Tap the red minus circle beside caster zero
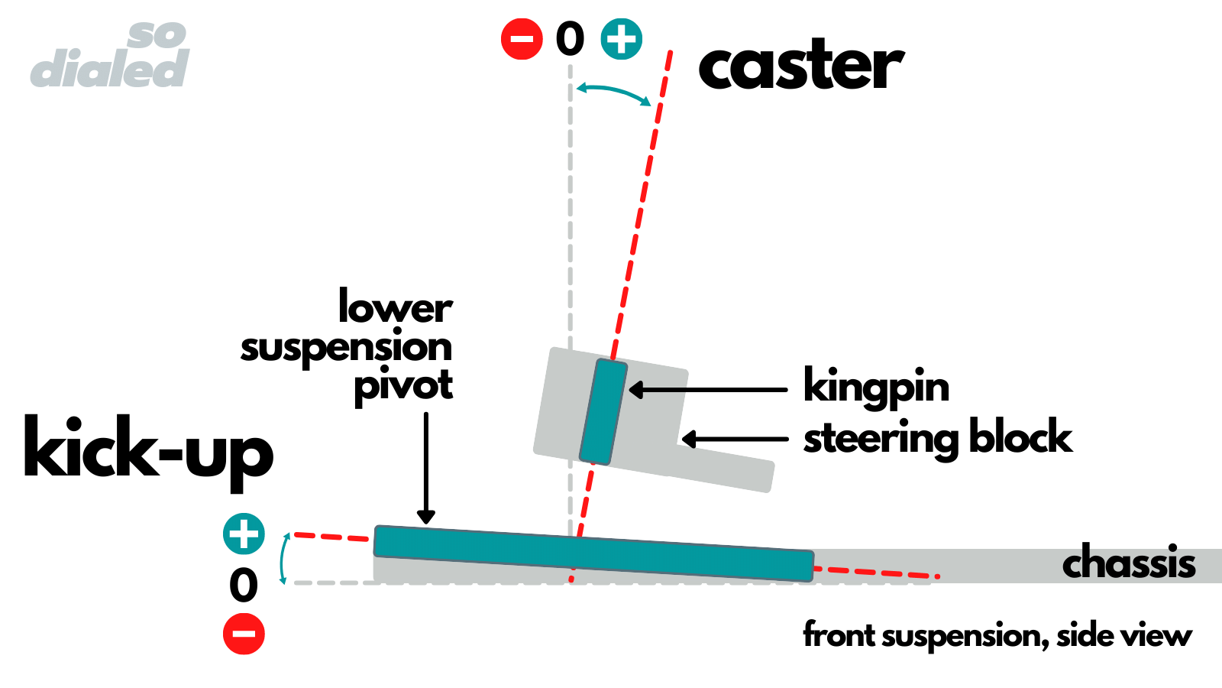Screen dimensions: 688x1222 point(522,39)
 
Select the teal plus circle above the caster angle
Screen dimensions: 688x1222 point(621,39)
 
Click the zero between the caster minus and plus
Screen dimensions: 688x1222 point(570,39)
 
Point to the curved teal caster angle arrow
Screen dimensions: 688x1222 point(613,92)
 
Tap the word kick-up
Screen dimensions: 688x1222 point(148,449)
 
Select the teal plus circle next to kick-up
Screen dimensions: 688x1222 point(244,534)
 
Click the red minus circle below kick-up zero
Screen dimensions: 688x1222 point(244,634)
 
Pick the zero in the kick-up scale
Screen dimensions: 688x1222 point(244,586)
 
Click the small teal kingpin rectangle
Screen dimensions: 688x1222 point(603,411)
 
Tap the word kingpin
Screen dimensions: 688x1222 point(876,387)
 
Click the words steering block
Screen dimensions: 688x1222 point(937,438)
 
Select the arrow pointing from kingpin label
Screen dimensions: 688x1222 point(707,390)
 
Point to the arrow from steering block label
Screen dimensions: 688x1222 point(734,439)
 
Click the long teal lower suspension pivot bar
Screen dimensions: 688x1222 point(593,553)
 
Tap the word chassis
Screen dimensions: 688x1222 point(1128,564)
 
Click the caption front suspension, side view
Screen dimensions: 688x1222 point(997,635)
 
